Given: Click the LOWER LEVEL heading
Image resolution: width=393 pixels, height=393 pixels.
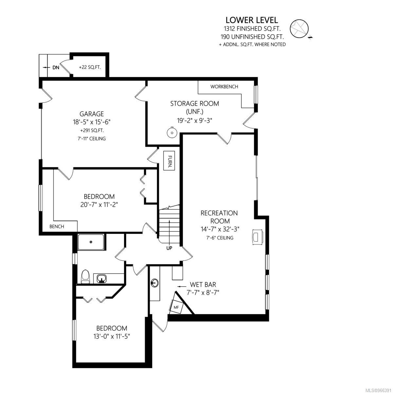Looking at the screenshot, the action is [252, 20].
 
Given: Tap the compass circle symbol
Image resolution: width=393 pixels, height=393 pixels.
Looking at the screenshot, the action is [299, 29].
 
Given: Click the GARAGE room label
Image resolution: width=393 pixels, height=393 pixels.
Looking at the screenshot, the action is [92, 114].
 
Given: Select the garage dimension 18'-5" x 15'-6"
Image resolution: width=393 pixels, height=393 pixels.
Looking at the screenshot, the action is [92, 122].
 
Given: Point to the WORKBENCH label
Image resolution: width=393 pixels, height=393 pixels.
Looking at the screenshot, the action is [224, 87].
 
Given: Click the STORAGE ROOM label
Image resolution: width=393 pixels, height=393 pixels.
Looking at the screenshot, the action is [195, 103].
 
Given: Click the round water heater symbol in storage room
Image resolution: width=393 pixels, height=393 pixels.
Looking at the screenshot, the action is [172, 133].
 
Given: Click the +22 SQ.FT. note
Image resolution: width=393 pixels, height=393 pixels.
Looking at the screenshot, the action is [90, 67].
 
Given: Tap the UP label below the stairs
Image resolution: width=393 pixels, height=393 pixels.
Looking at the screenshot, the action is [169, 248].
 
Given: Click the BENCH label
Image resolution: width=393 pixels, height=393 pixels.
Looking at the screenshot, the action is [57, 226].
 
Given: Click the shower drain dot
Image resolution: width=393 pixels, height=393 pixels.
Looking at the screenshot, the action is [91, 242].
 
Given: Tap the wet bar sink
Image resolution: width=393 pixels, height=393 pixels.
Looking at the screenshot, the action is [155, 283].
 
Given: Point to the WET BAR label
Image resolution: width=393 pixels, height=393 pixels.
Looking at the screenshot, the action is [203, 284].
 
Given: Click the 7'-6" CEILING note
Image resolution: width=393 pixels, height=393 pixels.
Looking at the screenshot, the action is [220, 237].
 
